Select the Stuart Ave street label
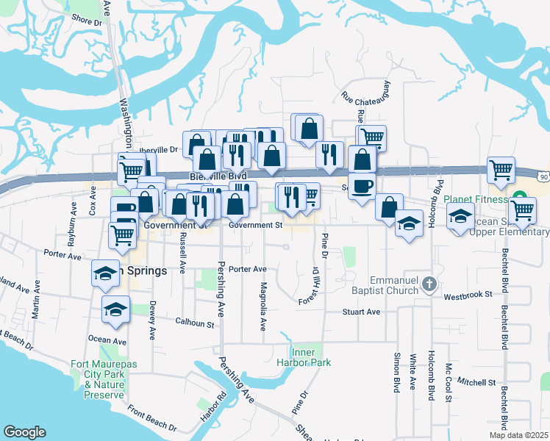[361, 312]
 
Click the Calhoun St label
[194, 322]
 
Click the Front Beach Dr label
[151, 417]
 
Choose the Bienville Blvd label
[218, 176]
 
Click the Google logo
[24, 432]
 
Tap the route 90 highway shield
[543, 177]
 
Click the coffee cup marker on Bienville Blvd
[362, 184]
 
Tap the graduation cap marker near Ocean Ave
[115, 310]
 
